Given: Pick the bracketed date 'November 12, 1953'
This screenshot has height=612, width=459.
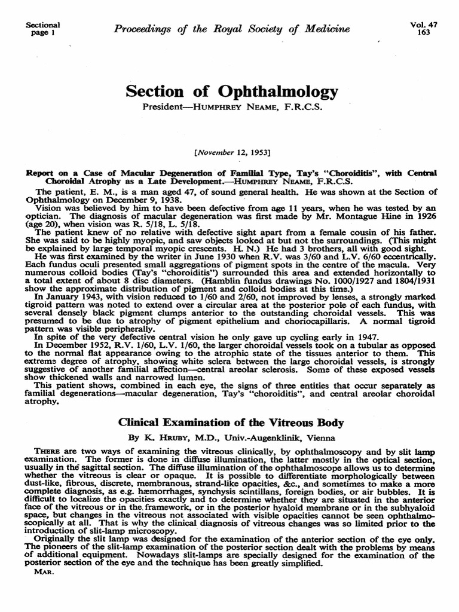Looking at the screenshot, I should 232,153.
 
